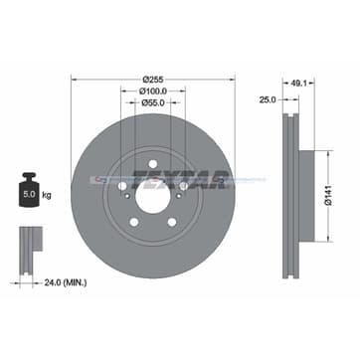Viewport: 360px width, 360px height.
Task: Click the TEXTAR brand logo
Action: [201, 180]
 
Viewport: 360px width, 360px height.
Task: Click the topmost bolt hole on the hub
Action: [152, 164]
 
